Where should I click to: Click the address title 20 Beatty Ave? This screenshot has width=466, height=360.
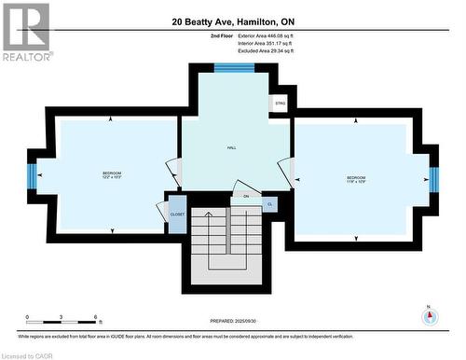(232, 21)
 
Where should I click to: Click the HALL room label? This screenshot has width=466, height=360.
(231, 147)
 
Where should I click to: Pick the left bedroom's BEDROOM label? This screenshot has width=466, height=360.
(112, 173)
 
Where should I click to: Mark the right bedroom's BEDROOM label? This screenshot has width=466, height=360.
(357, 177)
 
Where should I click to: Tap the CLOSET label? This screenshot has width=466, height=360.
(177, 214)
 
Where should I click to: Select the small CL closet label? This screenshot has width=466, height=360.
(269, 203)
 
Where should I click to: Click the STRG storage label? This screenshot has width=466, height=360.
(281, 104)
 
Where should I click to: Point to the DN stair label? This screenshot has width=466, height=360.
(246, 196)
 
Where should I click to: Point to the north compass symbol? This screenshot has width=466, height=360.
(429, 315)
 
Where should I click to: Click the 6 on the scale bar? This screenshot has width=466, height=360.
(96, 318)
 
